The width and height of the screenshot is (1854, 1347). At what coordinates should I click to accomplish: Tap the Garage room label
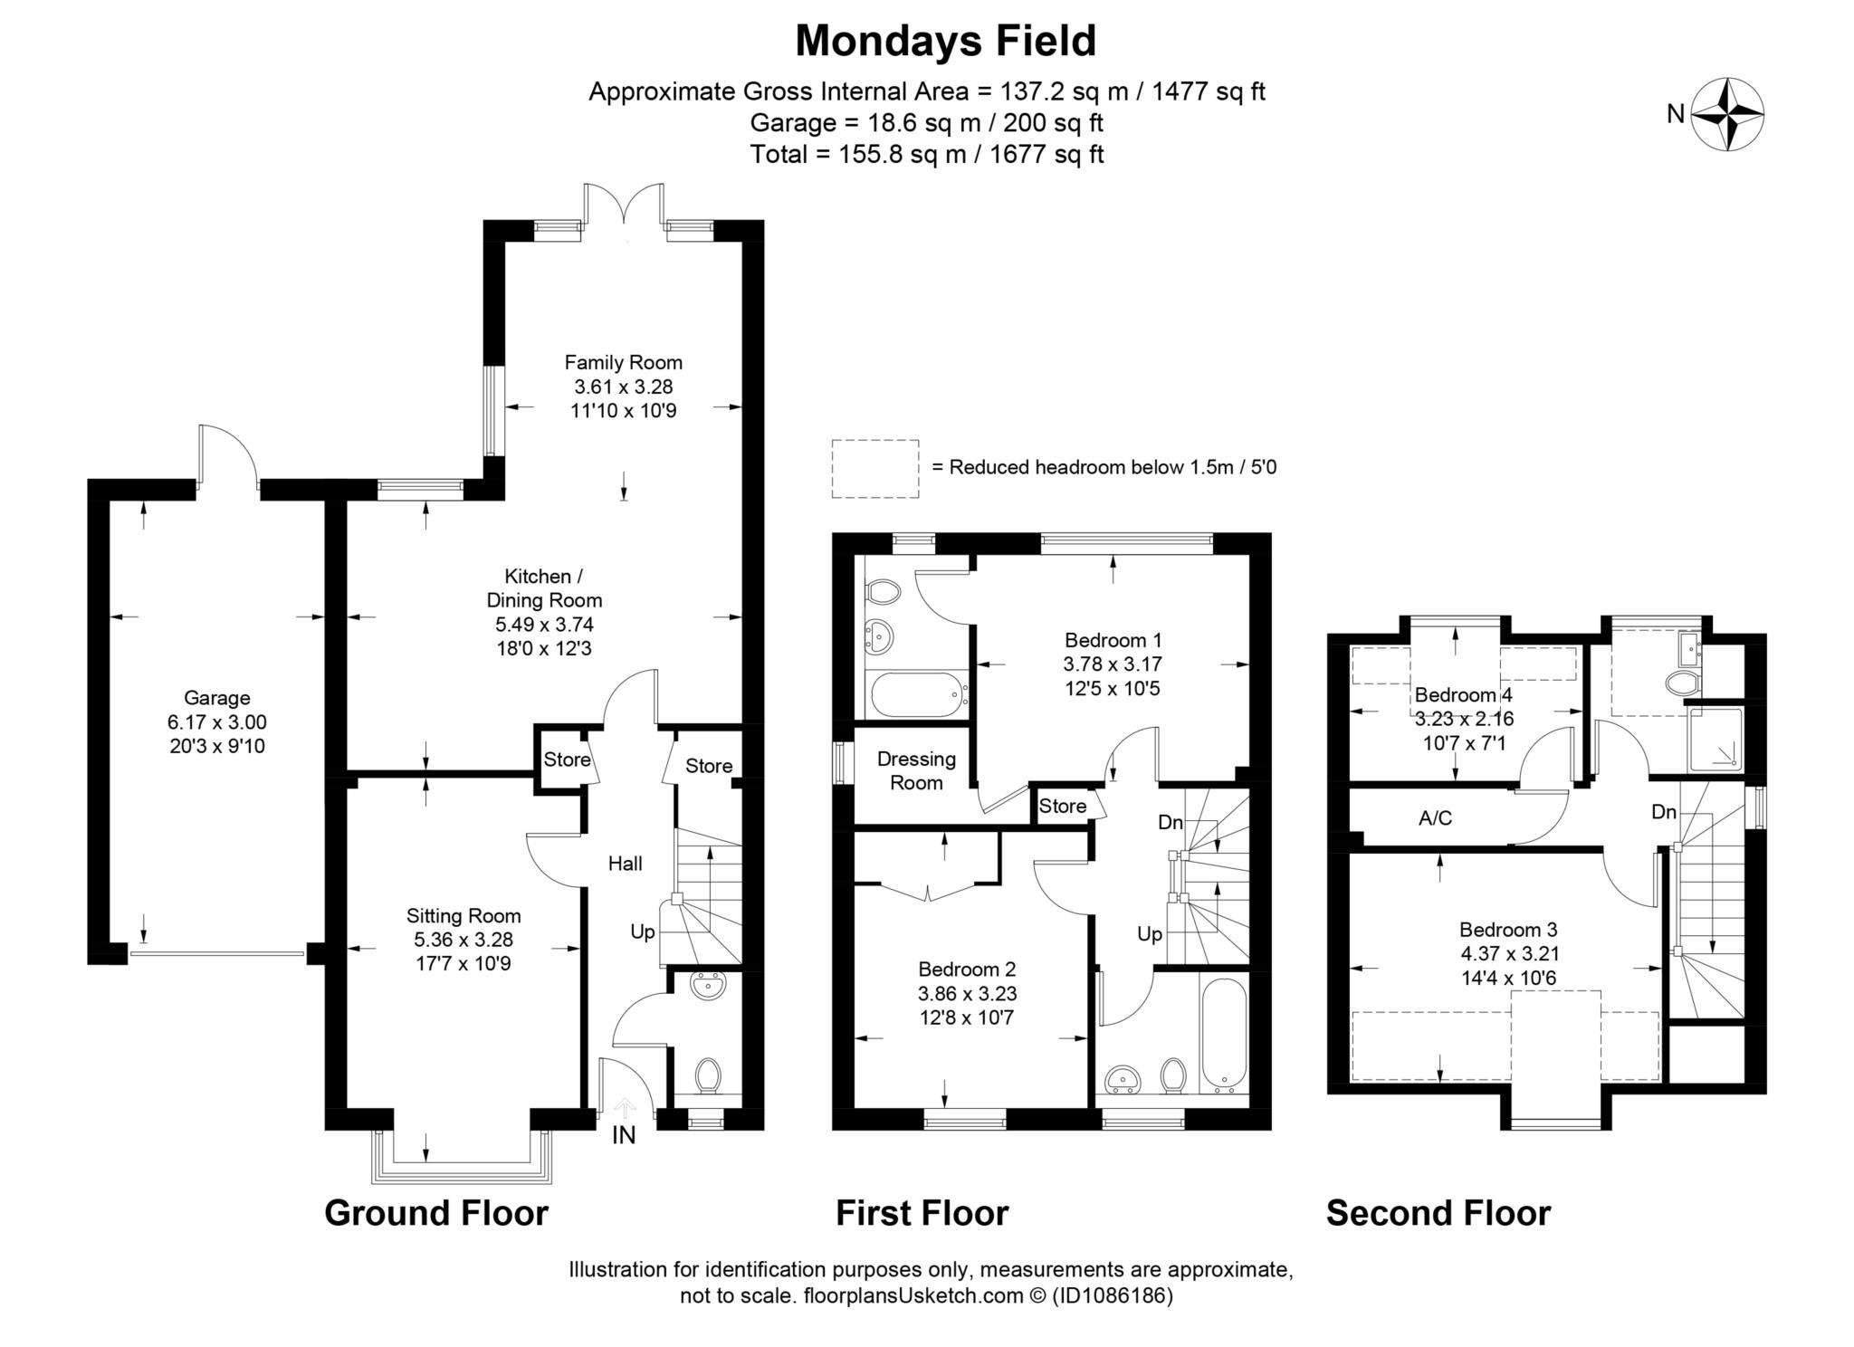pos(216,698)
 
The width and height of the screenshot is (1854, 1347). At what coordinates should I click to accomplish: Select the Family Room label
pos(623,363)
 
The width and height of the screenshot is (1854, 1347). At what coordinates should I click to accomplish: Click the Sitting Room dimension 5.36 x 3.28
pos(463,940)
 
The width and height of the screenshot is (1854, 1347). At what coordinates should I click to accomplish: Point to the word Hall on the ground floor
pos(625,864)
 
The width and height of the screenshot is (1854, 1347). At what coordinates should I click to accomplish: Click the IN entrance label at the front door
pos(624,1135)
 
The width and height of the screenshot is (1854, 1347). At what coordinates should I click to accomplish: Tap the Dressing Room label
pos(916,771)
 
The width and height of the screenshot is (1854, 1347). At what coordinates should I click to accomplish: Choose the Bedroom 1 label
pos(1113,639)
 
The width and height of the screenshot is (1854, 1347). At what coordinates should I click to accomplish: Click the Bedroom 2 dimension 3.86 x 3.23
pos(967,993)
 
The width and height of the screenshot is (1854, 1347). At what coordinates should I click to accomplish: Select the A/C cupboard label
pos(1435,818)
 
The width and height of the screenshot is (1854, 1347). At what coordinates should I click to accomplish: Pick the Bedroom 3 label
pos(1508,930)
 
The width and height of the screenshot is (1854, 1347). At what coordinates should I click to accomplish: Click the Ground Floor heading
pos(436,1213)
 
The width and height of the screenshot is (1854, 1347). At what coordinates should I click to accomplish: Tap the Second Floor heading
pos(1438,1213)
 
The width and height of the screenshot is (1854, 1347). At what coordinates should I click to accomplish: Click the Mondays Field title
pos(945,41)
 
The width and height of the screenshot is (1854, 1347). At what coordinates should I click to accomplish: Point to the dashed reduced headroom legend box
pos(875,468)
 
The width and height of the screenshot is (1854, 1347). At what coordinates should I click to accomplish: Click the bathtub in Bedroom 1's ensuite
pos(915,695)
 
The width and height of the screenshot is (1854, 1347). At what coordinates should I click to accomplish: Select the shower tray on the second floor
pos(1715,739)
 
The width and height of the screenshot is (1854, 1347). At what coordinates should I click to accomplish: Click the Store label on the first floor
pos(1062,806)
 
